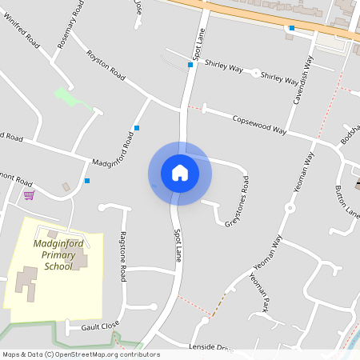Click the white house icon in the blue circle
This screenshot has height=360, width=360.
pyautogui.click(x=179, y=173)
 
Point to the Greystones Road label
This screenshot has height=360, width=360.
pyautogui.click(x=237, y=202)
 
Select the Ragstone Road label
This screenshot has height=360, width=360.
pyautogui.click(x=122, y=256)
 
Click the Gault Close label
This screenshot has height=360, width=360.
pyautogui.click(x=99, y=325)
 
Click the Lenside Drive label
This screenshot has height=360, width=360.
pyautogui.click(x=210, y=347)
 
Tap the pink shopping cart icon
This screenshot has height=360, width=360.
pyautogui.click(x=29, y=195)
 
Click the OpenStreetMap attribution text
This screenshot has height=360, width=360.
pyautogui.click(x=81, y=354)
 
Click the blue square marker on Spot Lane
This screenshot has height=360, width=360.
pyautogui.click(x=190, y=65)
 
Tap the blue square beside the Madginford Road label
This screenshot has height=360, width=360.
pyautogui.click(x=137, y=127)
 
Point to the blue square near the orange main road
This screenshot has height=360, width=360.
pyautogui.click(x=292, y=28)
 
